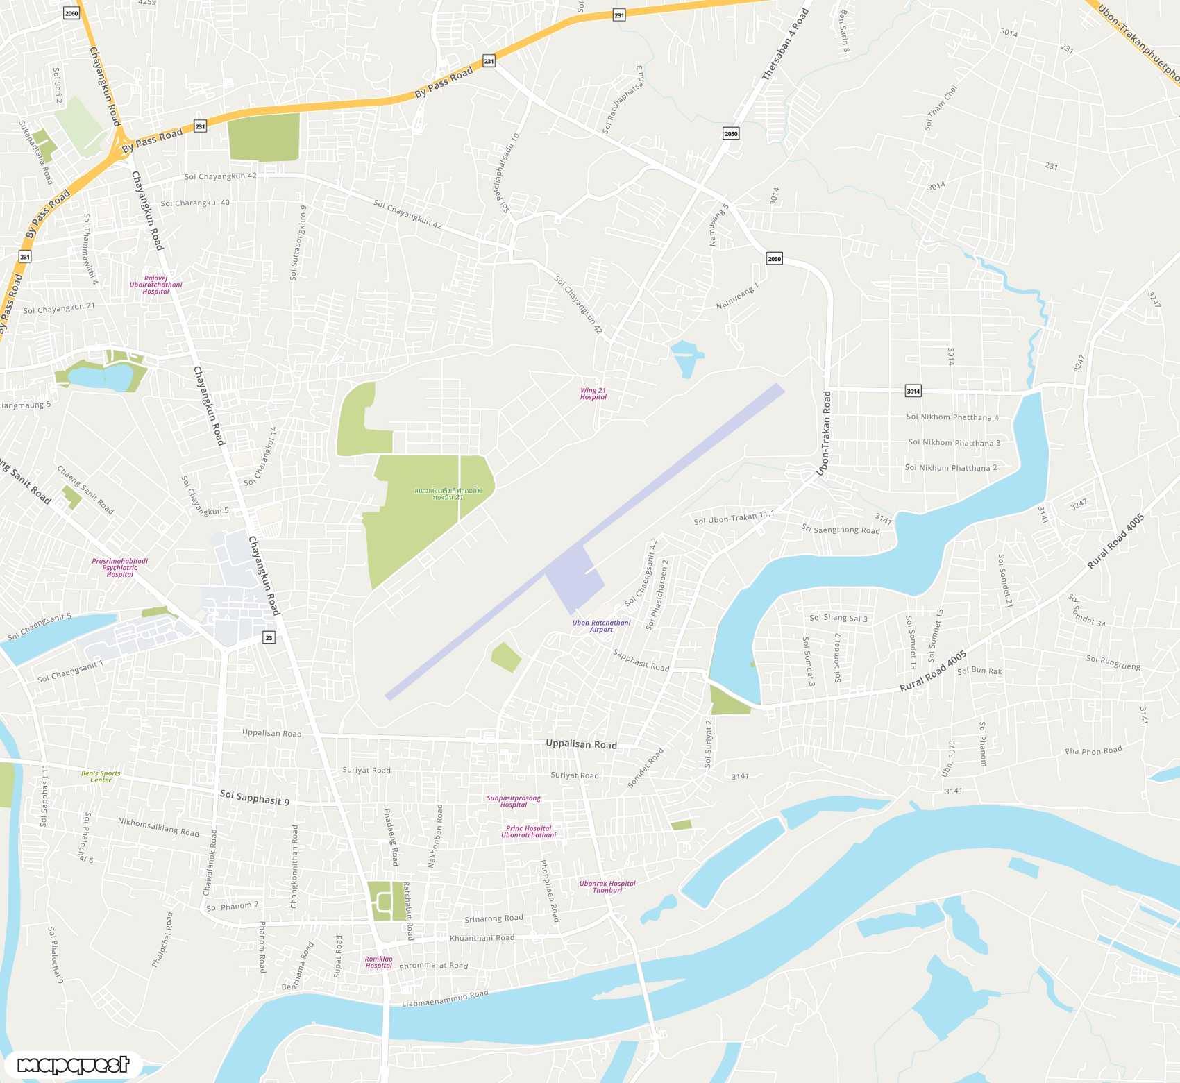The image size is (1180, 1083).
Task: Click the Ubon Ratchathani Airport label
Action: coord(601,626)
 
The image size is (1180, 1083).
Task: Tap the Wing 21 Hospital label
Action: coord(593,394)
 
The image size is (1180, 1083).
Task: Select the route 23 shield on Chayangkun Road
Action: coord(269,637)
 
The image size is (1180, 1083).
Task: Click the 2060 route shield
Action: coord(71,13)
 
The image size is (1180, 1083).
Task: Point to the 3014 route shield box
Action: coord(913,391)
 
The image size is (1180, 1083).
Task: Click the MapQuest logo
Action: coord(73,1064)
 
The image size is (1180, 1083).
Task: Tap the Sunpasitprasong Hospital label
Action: coord(514,801)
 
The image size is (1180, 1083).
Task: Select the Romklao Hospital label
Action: coord(378,962)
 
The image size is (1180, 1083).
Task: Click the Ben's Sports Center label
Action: coord(101,776)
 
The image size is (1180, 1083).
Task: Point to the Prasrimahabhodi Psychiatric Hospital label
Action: coord(119,568)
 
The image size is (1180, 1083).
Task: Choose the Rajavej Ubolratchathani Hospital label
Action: coord(155,285)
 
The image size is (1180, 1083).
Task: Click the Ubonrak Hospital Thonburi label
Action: coord(607,887)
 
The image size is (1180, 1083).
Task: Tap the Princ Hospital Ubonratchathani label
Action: coord(529,832)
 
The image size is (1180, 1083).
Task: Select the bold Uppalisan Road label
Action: coord(581,744)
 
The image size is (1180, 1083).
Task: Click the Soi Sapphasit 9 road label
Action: coord(254,797)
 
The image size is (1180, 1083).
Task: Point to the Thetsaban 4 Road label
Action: coord(785,44)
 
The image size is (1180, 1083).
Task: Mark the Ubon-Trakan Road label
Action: coord(825,433)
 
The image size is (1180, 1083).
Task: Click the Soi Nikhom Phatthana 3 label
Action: coord(954,442)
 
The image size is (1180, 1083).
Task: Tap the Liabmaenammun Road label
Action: coord(445,998)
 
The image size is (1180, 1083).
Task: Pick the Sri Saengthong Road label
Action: coord(841,529)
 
